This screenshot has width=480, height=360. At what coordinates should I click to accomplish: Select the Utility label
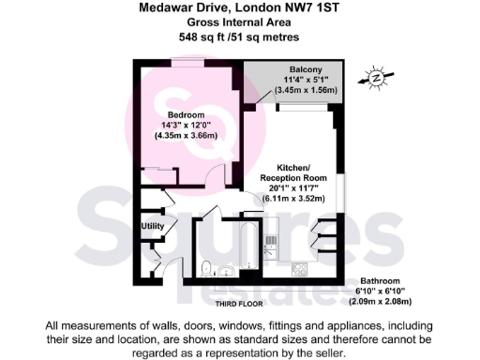tap(154, 226)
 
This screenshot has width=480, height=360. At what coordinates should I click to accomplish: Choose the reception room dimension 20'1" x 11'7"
tap(292, 187)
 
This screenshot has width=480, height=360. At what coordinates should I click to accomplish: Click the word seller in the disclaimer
tap(338, 353)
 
